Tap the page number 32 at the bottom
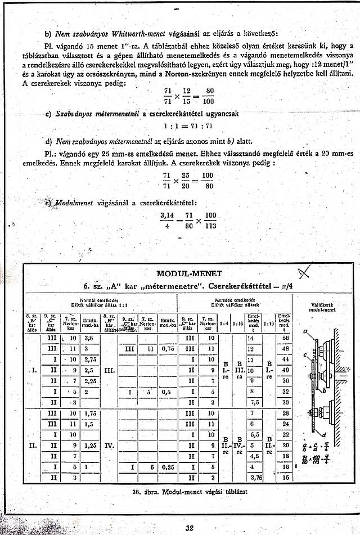[189, 527]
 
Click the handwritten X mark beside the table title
[305, 274]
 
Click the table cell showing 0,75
[166, 349]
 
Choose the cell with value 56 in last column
[285, 339]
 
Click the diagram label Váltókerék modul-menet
[323, 309]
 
